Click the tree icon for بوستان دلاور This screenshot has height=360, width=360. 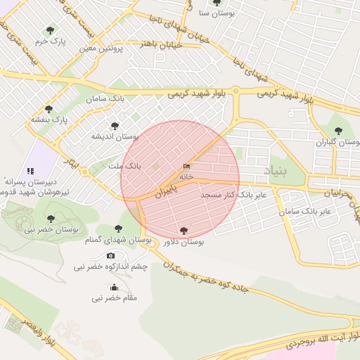point(184,230)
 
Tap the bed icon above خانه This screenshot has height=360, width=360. point(186,167)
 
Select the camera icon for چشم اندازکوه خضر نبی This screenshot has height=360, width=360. point(110,256)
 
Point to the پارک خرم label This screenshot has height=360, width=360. point(51,41)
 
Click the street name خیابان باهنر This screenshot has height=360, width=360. point(162,44)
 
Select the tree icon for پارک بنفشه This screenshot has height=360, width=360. point(49,108)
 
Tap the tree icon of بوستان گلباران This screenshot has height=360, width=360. point(338,131)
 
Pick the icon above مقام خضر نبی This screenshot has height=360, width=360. point(114,287)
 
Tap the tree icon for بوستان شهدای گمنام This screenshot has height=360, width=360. point(117,229)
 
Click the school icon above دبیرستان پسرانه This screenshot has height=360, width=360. point(30,170)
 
